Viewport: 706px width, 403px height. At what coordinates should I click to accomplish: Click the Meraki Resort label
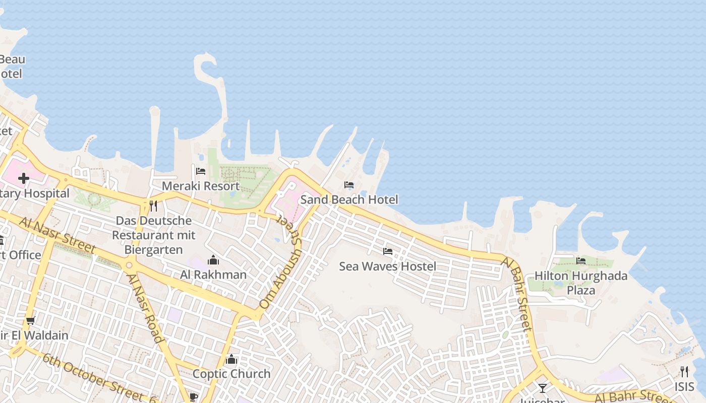coord(201,186)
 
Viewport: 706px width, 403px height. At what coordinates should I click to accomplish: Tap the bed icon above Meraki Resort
coord(201,171)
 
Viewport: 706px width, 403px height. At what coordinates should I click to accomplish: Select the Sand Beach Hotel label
coord(349,199)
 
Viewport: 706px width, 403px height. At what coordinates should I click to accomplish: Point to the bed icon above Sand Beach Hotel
coord(349,185)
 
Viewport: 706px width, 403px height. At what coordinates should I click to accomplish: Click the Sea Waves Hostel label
coord(387,266)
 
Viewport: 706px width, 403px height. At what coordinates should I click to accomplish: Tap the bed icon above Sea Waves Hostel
coord(388,251)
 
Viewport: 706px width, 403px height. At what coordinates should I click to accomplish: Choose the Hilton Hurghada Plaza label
coord(581,283)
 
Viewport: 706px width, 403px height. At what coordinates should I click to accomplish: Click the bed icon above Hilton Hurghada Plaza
coord(581,260)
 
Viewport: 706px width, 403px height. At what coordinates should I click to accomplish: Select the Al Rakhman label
coord(213,275)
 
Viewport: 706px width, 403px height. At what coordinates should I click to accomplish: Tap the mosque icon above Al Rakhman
coord(213,260)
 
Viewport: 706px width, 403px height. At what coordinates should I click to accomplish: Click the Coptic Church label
coord(231,374)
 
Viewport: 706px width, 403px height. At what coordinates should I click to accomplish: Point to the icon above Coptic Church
coord(231,359)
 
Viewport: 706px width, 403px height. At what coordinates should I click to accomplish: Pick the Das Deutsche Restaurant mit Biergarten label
coord(152,235)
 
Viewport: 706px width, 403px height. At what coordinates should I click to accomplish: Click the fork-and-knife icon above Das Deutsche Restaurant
coord(153,206)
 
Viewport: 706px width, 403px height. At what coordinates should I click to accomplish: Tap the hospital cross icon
coord(24,178)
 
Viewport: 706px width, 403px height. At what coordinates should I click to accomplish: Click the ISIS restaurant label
coord(684,386)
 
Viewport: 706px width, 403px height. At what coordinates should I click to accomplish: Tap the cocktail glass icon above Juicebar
coord(542,388)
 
